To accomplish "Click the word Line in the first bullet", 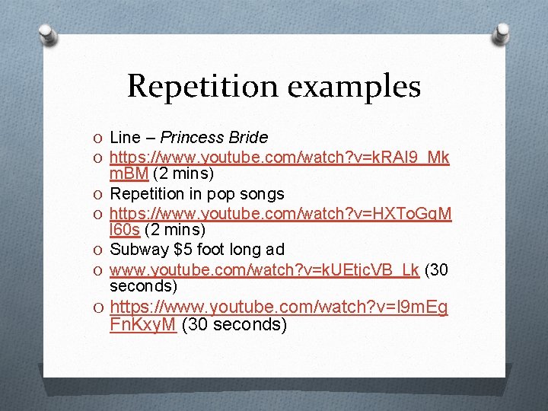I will click(x=126, y=138).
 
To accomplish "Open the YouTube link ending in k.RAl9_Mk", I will click(x=279, y=158).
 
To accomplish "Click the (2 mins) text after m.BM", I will click(x=176, y=174).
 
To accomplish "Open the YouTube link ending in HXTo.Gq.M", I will click(x=279, y=214).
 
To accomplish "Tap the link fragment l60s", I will click(x=125, y=230).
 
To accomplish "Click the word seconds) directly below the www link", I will click(x=144, y=286).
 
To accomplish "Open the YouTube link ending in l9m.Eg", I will click(x=279, y=307).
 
